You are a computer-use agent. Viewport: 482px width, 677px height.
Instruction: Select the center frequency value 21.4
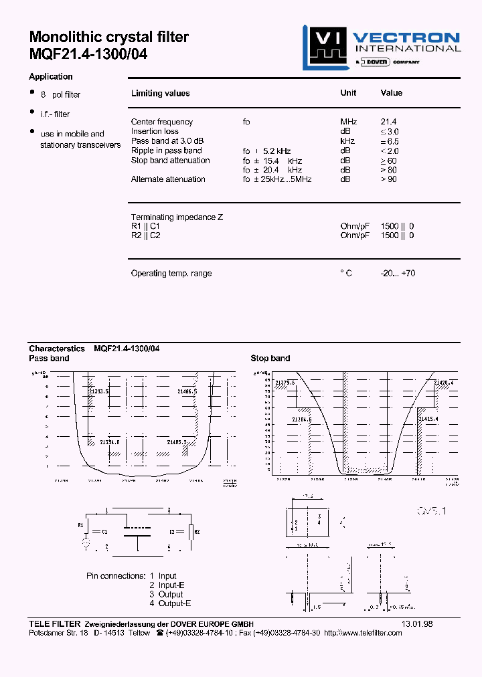(388, 122)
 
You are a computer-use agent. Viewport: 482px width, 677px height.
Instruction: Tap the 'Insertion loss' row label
(155, 131)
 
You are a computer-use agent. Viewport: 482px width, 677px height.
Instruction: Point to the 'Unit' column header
(348, 93)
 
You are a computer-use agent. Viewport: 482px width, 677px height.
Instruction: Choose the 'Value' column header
(392, 93)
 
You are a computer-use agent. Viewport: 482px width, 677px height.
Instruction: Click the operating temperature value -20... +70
(398, 274)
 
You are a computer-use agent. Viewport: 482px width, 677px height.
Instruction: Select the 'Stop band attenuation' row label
(170, 161)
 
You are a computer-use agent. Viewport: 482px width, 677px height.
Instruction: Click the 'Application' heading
(51, 77)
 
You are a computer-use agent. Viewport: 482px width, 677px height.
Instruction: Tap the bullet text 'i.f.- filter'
(55, 114)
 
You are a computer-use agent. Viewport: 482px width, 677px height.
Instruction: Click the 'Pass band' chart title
(49, 359)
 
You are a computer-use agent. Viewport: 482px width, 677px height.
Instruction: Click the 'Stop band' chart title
(270, 359)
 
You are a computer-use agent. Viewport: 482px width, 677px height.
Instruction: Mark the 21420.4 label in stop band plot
(443, 383)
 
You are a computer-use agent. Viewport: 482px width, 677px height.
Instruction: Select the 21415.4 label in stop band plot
(428, 418)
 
